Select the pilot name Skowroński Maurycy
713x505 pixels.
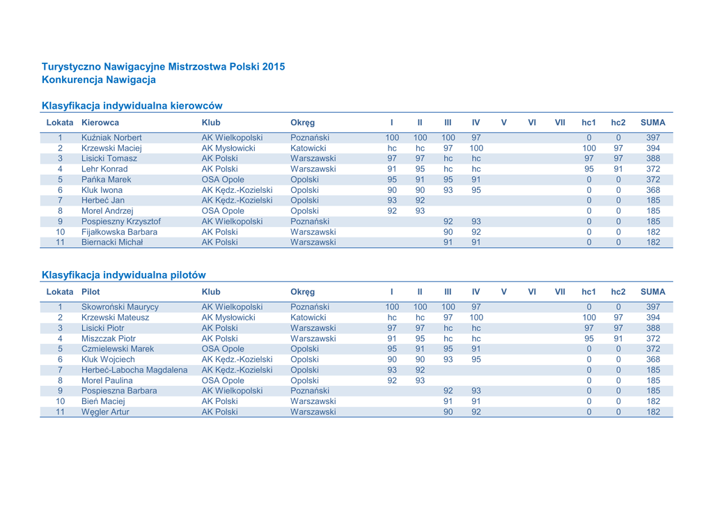click(120, 306)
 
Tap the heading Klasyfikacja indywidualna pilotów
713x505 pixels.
click(123, 274)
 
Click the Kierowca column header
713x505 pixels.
click(100, 123)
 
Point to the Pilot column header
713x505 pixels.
click(91, 292)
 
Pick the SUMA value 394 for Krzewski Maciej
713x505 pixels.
click(653, 148)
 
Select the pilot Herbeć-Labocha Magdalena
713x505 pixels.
click(134, 369)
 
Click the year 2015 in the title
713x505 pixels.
click(274, 67)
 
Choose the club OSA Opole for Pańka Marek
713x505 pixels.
click(223, 179)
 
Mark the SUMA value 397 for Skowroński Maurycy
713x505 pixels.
click(653, 306)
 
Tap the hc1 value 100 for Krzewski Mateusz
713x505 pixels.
click(589, 317)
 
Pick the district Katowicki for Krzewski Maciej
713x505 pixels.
click(308, 148)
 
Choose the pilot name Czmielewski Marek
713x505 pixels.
click(117, 348)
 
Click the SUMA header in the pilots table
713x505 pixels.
click(653, 292)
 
